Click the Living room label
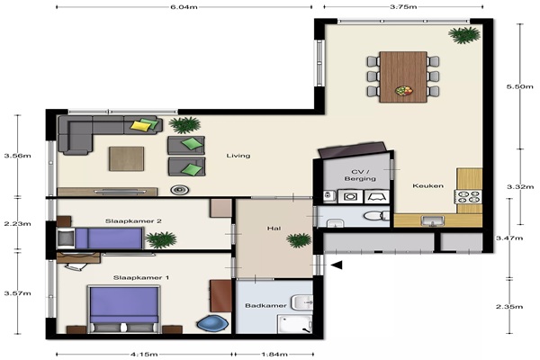tap(238, 156)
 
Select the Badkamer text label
tap(265, 306)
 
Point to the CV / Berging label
tap(360, 175)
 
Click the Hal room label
tap(274, 228)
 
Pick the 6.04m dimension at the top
tap(184, 7)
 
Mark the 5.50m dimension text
tap(519, 86)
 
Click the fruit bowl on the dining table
tap(403, 91)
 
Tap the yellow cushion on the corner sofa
tap(141, 126)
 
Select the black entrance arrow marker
tap(336, 265)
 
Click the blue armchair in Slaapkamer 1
tap(212, 324)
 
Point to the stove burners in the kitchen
tap(468, 197)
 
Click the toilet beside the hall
tap(376, 216)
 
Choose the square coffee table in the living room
tap(126, 158)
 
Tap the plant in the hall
tap(299, 240)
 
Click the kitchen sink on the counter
tap(433, 220)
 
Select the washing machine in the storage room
tap(350, 197)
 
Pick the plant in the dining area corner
tap(463, 35)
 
